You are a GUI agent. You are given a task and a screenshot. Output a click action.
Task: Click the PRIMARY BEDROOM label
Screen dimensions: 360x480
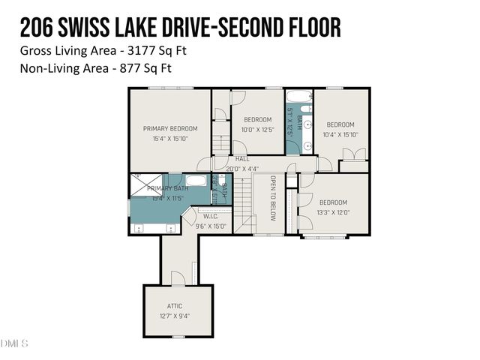[x=170, y=128]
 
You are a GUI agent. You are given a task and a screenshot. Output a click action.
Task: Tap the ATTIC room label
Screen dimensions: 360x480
[x=174, y=306]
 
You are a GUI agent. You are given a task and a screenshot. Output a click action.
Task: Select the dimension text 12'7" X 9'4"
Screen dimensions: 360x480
[x=174, y=316]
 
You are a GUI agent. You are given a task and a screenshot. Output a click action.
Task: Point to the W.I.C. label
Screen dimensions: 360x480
[x=210, y=216]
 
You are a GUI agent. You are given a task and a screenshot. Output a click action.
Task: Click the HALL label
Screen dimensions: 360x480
[x=242, y=159]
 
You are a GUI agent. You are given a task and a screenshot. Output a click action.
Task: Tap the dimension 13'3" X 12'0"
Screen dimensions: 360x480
[x=333, y=212]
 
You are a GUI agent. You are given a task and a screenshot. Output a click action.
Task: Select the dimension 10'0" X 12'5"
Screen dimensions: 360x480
[x=257, y=130]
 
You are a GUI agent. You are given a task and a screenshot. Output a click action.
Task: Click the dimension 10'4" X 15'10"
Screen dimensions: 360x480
[x=340, y=134]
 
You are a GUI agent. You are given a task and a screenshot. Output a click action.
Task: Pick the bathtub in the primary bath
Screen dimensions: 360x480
[x=196, y=180]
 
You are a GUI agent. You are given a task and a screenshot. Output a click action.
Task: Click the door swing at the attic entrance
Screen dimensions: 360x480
[x=178, y=278]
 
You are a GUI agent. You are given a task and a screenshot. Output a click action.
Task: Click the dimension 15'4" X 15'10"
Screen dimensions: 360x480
[x=170, y=138]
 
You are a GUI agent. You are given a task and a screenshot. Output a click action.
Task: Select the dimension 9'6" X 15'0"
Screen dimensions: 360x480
[x=210, y=226]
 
